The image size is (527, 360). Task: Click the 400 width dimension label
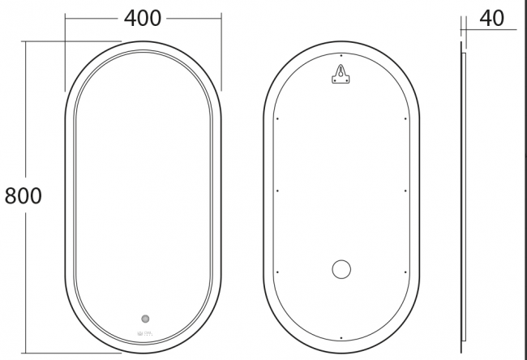pos(143,18)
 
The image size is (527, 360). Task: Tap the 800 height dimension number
pos(24,195)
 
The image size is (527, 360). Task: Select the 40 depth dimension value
pos(491,18)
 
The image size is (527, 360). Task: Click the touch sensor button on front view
pos(145,319)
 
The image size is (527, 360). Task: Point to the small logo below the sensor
pos(145,333)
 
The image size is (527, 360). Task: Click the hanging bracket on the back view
pos(341,74)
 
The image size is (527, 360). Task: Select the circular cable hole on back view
pos(341,269)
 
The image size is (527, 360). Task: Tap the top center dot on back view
pos(341,55)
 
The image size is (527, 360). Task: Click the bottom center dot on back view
pos(341,338)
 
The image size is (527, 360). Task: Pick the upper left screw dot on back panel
pos(277,118)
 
